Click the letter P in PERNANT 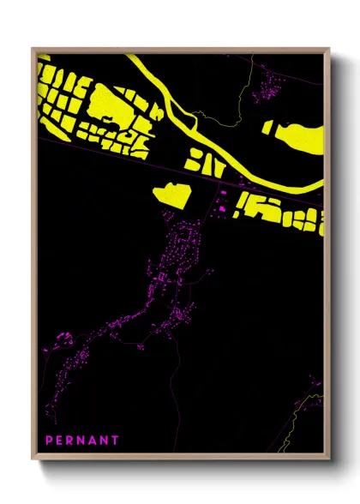50,441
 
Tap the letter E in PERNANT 62,441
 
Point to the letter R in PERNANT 73,441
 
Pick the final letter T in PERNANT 116,441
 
